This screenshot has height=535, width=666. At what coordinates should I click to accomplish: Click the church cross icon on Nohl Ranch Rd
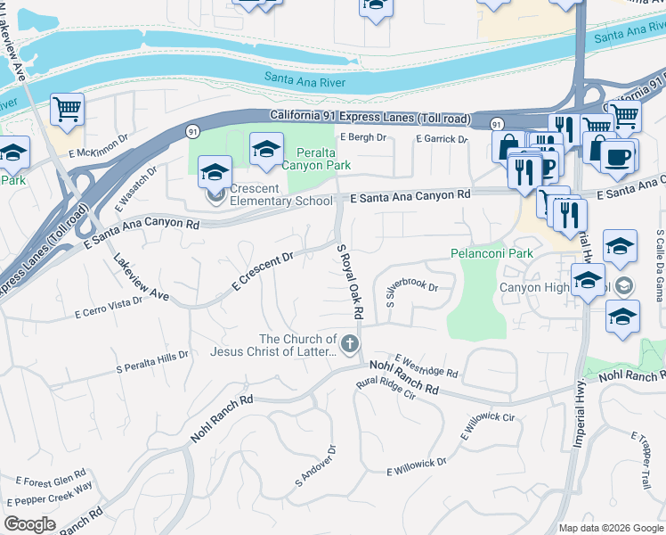(351, 343)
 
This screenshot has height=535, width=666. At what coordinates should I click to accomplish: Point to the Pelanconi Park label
(491, 253)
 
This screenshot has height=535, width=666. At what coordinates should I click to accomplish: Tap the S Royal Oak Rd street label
(350, 281)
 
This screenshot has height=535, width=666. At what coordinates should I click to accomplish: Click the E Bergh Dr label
(364, 137)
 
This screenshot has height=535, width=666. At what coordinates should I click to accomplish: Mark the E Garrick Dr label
(442, 139)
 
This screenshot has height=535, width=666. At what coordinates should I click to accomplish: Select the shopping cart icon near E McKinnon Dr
(67, 110)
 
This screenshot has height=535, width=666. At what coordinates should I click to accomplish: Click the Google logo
(30, 523)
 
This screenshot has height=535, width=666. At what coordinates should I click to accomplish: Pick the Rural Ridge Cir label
(386, 387)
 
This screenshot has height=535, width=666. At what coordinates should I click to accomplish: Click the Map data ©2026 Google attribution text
(610, 527)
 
